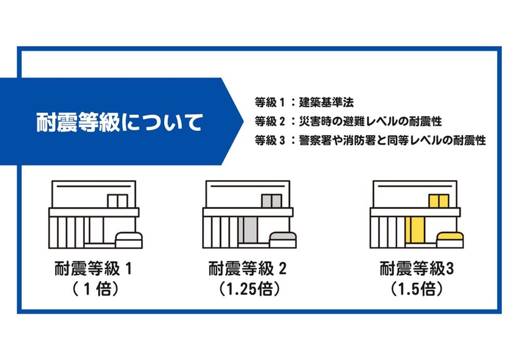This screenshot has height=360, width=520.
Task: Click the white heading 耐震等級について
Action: click(119, 122)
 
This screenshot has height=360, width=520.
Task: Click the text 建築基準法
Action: click(327, 102)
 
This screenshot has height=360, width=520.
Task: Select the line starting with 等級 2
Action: click(348, 121)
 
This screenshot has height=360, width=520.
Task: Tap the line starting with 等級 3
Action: click(370, 140)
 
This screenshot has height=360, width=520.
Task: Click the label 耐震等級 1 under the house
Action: click(93, 268)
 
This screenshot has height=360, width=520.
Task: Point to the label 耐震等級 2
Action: click(248, 268)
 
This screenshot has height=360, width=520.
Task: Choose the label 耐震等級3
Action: click(417, 268)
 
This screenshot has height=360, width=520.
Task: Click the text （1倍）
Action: click(95, 289)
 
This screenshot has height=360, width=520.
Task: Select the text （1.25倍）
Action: click(249, 289)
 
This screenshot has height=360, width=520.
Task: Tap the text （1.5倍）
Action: click(417, 289)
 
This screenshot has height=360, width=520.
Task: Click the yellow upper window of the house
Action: click(439, 201)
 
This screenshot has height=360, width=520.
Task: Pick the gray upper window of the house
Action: click(271, 201)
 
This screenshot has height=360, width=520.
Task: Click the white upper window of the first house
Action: click(118, 201)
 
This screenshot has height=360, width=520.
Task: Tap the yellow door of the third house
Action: click(414, 230)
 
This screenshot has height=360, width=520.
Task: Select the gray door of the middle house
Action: click(248, 230)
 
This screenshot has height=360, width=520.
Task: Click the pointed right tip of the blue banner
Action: click(243, 121)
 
